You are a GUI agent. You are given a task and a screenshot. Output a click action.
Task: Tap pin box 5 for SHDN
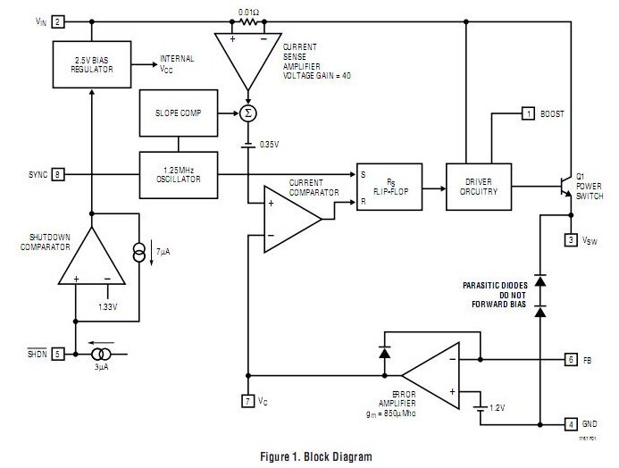click(58, 352)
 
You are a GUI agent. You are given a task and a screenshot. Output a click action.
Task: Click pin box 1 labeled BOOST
click(528, 113)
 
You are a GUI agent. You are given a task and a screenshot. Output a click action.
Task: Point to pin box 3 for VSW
click(571, 238)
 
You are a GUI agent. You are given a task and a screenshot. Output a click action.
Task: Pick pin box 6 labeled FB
click(571, 359)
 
